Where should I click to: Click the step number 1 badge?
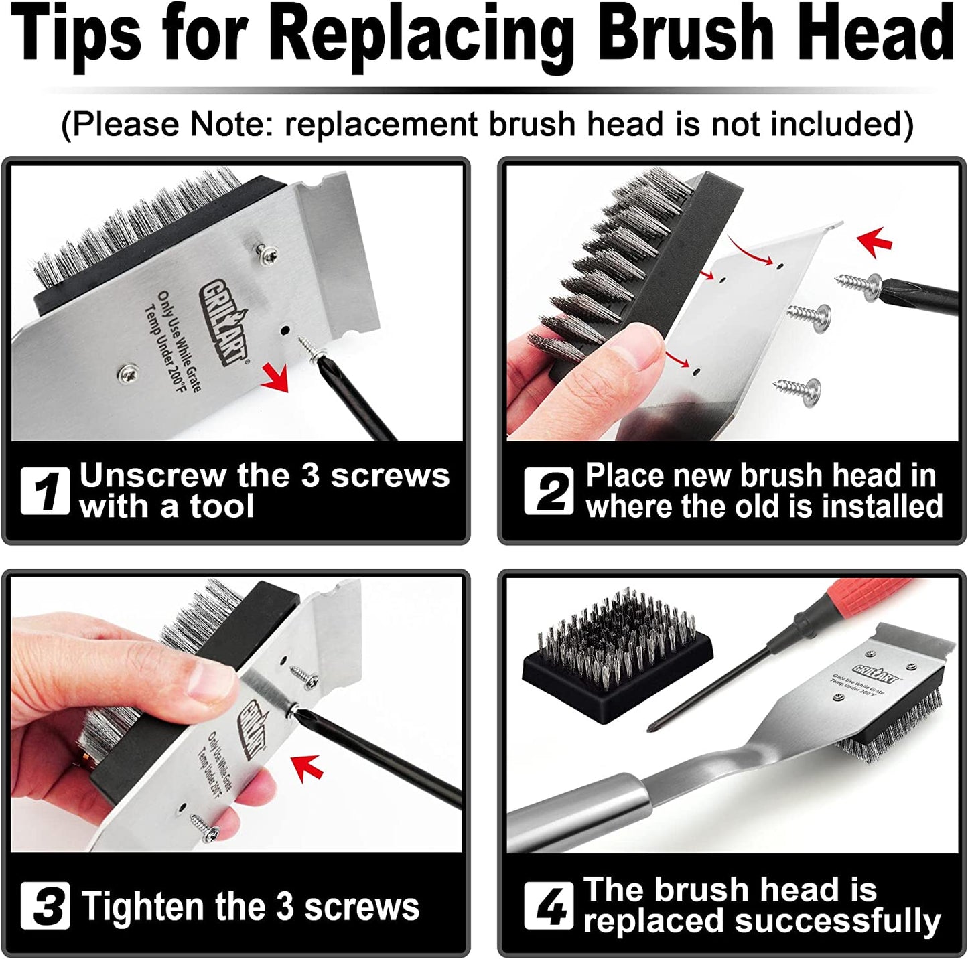(x=45, y=491)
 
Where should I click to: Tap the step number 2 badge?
(x=548, y=491)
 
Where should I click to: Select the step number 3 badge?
(x=45, y=905)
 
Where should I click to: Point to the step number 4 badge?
(x=548, y=905)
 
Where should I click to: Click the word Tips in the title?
(x=76, y=33)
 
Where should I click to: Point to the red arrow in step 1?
(x=275, y=376)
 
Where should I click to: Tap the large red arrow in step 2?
(x=876, y=242)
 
